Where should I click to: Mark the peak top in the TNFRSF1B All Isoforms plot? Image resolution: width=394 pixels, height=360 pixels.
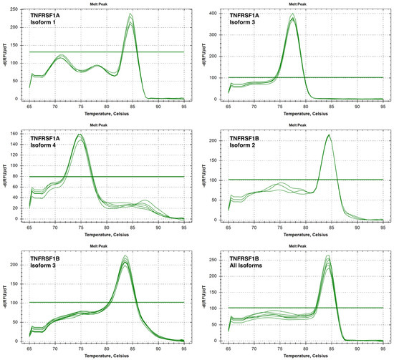[328, 256]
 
